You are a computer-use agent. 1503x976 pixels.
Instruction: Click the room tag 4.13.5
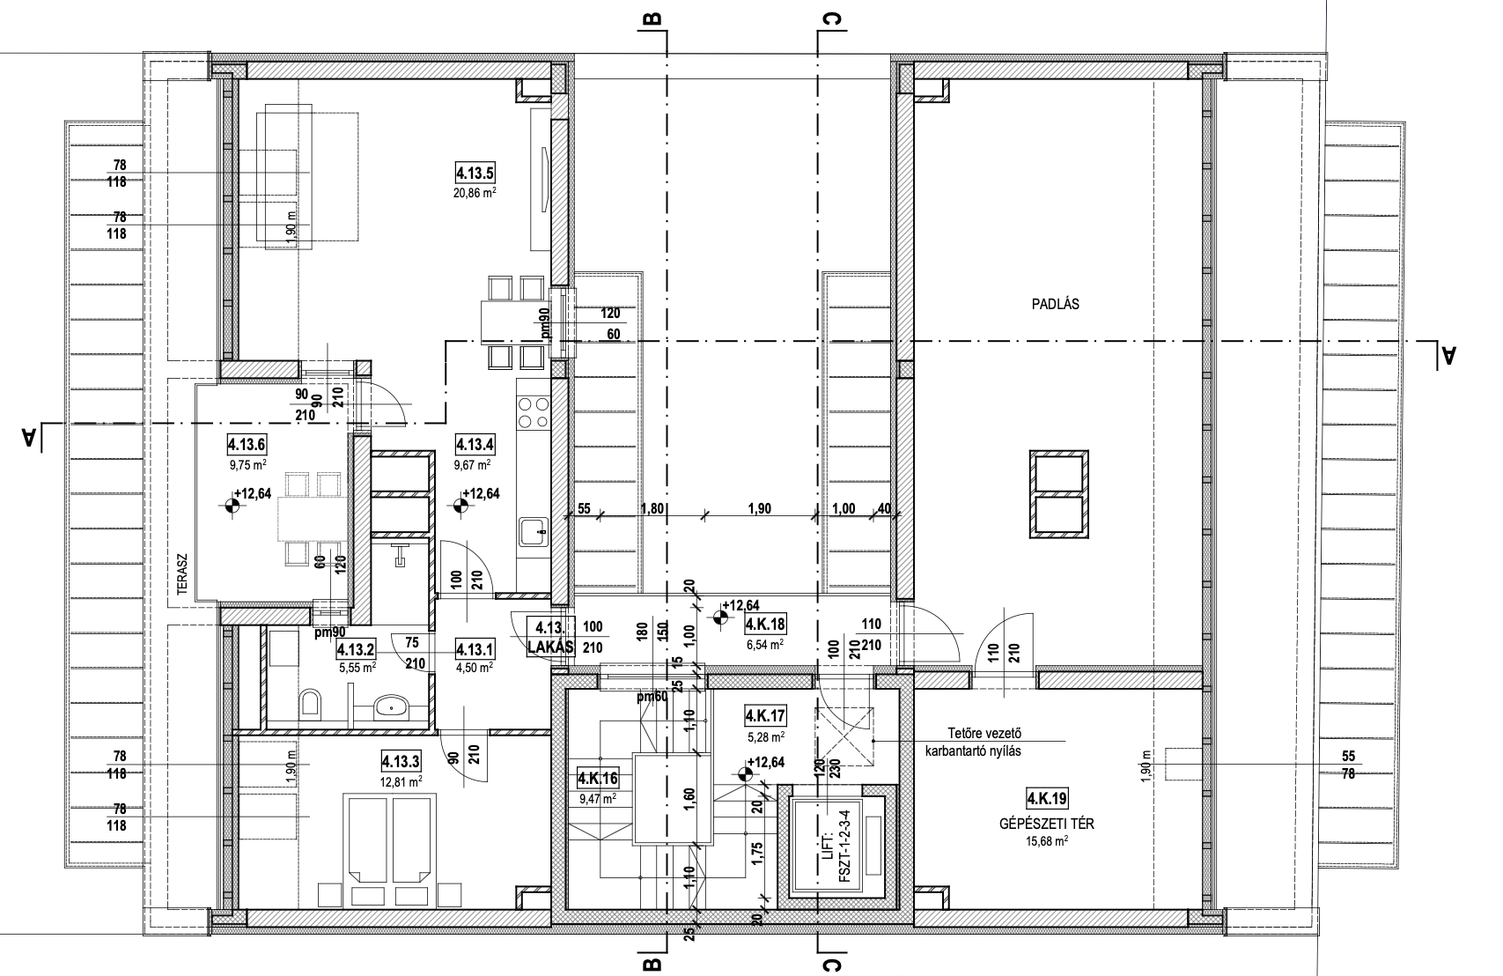[x=475, y=174]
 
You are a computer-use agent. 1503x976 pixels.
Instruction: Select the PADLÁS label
[x=1056, y=304]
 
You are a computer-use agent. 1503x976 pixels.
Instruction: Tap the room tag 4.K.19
[x=1048, y=799]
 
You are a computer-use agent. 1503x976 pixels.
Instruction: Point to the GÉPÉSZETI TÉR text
[x=1047, y=824]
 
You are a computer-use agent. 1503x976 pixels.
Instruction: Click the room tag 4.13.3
[x=401, y=761]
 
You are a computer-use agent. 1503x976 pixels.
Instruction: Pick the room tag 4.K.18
[x=766, y=625]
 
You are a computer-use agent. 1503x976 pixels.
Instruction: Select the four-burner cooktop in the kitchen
[x=534, y=413]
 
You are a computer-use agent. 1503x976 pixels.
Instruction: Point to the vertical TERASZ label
[x=182, y=575]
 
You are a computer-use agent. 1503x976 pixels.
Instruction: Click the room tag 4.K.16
[x=598, y=779]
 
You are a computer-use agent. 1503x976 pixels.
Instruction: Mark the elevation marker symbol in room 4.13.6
[x=232, y=506]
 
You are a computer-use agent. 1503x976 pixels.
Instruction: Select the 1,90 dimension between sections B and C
[x=760, y=509]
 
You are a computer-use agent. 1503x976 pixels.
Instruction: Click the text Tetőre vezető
[x=984, y=733]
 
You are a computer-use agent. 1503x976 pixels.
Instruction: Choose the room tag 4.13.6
[x=247, y=444]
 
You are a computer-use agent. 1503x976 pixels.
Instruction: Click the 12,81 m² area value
[x=401, y=781]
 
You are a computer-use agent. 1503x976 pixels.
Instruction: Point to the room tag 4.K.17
[x=766, y=716]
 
